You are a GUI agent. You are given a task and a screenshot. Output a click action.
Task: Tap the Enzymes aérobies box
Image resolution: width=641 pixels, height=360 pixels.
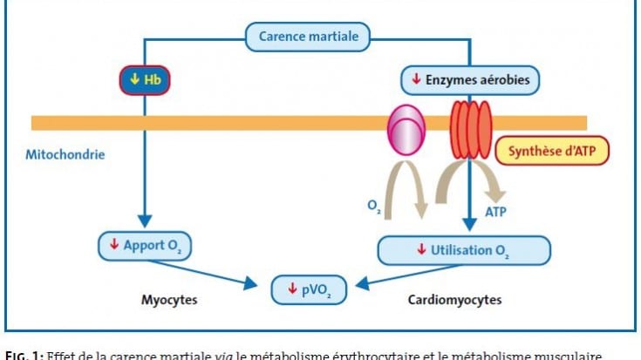pos(470,81)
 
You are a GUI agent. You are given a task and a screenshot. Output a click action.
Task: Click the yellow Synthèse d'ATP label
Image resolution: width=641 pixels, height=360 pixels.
pos(551,151)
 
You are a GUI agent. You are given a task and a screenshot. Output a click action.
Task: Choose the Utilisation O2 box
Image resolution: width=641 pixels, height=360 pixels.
pos(464,250)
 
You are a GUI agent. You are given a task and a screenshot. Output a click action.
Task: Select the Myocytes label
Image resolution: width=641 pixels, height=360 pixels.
pos(169,300)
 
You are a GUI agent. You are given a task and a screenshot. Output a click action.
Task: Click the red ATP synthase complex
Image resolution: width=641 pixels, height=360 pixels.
pos(470,129)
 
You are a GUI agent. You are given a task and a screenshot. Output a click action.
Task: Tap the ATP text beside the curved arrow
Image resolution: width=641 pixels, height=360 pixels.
pos(495,212)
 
